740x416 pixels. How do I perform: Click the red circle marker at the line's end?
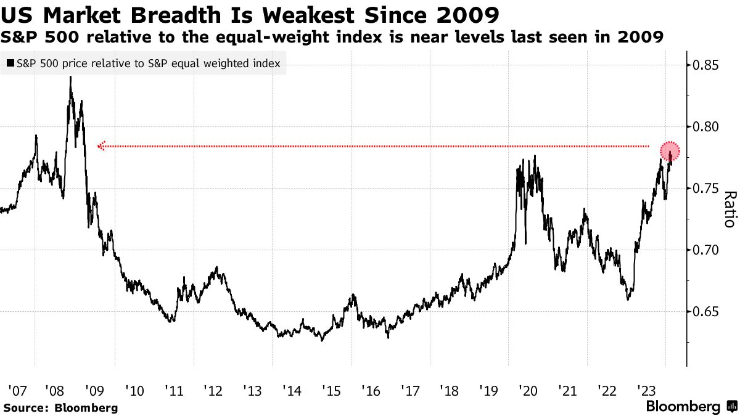click(x=670, y=151)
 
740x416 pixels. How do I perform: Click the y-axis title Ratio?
click(x=729, y=209)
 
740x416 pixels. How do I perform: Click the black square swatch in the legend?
click(x=10, y=63)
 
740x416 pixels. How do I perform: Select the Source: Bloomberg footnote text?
click(x=60, y=407)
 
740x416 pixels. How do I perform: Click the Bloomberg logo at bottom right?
click(x=690, y=407)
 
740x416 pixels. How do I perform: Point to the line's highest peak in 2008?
click(x=70, y=78)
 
